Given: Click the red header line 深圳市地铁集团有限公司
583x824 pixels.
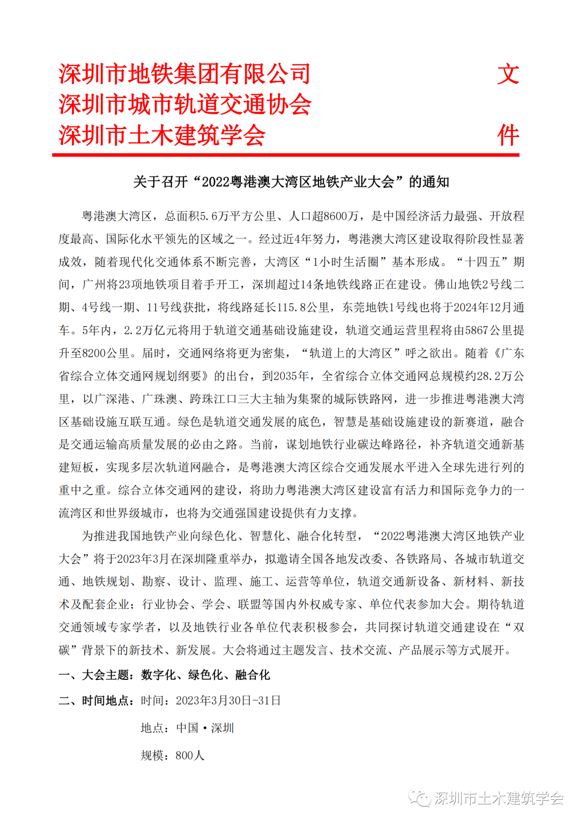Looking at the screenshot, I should [185, 74].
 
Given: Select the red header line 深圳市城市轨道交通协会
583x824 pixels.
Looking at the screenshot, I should [185, 104].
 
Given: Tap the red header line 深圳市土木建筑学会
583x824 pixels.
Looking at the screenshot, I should [162, 135].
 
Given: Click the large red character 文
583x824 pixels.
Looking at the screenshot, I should [508, 74].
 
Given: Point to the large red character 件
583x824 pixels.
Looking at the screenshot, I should [508, 135].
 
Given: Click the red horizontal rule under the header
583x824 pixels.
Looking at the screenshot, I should [286, 155].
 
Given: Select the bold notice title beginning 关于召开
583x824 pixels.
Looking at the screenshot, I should [291, 182].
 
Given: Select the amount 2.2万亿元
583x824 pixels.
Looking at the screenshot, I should [153, 330].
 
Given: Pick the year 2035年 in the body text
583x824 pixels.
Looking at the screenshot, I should [291, 376].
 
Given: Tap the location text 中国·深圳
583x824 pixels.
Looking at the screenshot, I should [205, 728].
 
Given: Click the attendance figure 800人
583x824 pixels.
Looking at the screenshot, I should [190, 755].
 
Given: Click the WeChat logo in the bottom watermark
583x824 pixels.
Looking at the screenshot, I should [419, 798].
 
